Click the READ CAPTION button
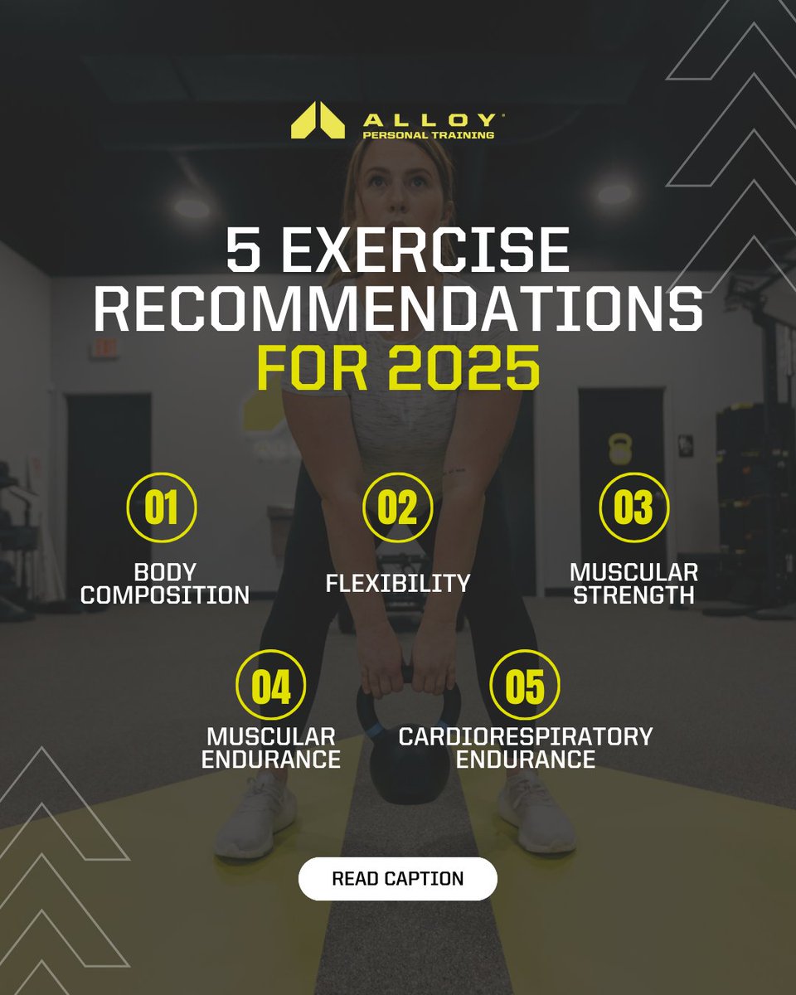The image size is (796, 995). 397,879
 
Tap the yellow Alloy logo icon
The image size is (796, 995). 318,120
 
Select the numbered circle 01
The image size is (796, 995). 162,507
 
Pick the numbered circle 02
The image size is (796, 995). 398,507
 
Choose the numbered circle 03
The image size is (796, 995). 633,507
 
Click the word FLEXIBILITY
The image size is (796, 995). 398,583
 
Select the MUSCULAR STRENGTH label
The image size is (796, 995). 633,583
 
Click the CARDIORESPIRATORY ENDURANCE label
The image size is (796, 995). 526,747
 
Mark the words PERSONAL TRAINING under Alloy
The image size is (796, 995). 429,134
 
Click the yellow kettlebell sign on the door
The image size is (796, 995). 619,449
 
